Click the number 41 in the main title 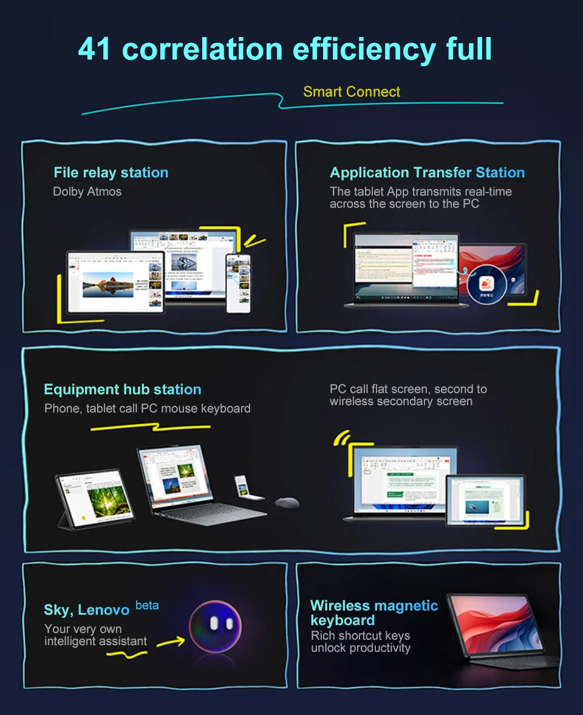[95, 49]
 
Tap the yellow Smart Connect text [352, 92]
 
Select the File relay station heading [111, 173]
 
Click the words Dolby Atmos [87, 191]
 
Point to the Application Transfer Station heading [427, 173]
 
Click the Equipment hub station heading [122, 389]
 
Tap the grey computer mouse [287, 502]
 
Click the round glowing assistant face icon [215, 626]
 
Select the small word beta [147, 605]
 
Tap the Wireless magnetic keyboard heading [373, 612]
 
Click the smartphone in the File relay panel [238, 283]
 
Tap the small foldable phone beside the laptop [242, 487]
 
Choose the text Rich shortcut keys [360, 635]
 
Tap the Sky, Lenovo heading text [86, 609]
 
